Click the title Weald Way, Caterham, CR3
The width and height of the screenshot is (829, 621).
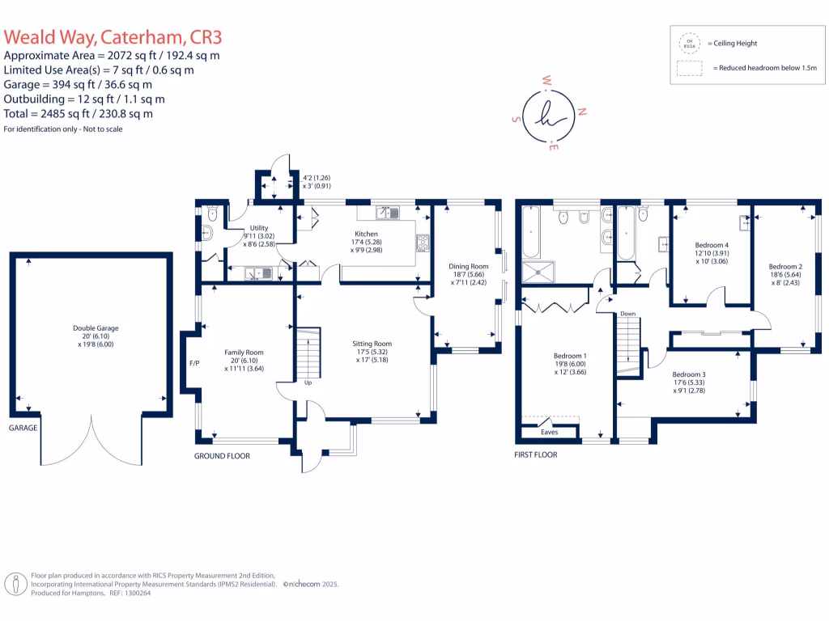pyautogui.click(x=113, y=37)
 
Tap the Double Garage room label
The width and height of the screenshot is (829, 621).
pyautogui.click(x=96, y=328)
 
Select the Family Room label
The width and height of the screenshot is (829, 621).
pyautogui.click(x=244, y=353)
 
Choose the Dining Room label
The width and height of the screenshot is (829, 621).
pyautogui.click(x=469, y=266)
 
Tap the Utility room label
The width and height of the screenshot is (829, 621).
pyautogui.click(x=259, y=228)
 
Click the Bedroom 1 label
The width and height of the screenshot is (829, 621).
pyautogui.click(x=570, y=356)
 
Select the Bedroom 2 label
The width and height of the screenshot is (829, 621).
pyautogui.click(x=785, y=267)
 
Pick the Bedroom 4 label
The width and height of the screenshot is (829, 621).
pyautogui.click(x=712, y=245)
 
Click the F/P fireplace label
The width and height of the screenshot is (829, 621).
pyautogui.click(x=194, y=364)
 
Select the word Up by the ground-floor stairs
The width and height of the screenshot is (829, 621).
pyautogui.click(x=308, y=382)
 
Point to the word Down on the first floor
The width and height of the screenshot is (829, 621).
pyautogui.click(x=628, y=313)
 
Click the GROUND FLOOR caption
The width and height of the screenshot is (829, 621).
pyautogui.click(x=222, y=456)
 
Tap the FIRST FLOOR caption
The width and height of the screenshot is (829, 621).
pyautogui.click(x=536, y=454)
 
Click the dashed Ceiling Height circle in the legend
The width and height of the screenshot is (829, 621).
pyautogui.click(x=691, y=43)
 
